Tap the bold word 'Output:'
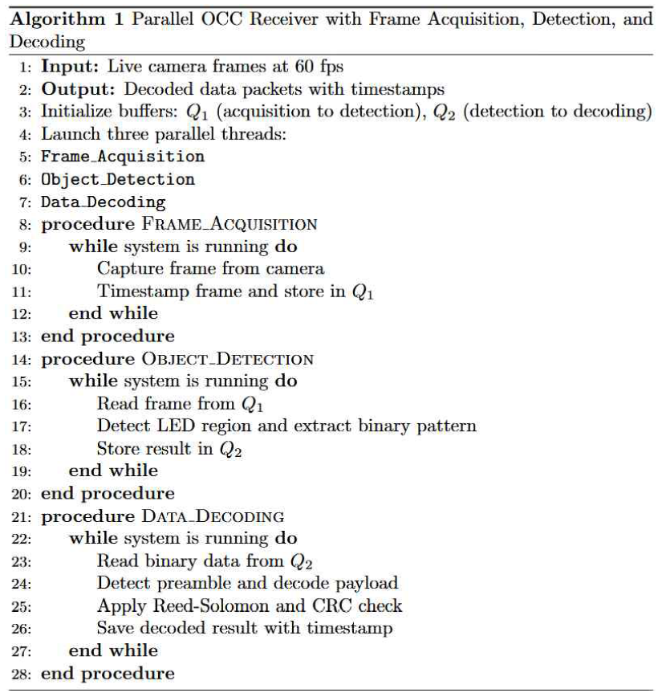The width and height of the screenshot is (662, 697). [75, 89]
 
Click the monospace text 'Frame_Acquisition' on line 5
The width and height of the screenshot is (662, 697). [123, 157]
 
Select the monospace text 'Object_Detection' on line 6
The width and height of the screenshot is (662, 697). [118, 179]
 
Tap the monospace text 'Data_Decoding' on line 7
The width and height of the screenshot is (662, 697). [104, 202]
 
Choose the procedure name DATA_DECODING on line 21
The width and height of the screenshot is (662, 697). [214, 516]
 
